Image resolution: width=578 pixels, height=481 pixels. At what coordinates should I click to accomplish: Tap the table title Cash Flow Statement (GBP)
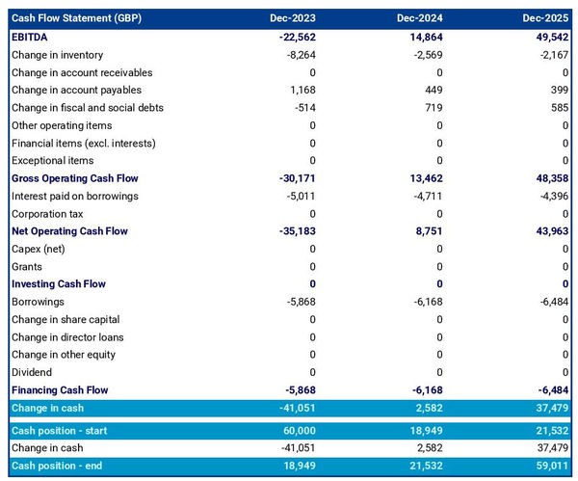[x=73, y=18]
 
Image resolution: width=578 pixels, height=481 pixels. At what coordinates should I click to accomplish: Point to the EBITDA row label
[x=31, y=37]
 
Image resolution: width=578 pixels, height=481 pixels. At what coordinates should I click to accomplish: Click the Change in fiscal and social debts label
[x=88, y=108]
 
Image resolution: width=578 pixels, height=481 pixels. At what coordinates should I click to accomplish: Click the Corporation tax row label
[x=47, y=214]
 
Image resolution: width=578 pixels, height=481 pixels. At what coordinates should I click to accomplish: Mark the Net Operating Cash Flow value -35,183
[x=295, y=231]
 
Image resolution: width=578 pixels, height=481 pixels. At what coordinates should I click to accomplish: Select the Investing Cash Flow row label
[x=59, y=284]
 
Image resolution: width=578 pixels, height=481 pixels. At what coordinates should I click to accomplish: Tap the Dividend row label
[x=33, y=372]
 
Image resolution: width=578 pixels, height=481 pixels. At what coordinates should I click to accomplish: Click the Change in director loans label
[x=67, y=337]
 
